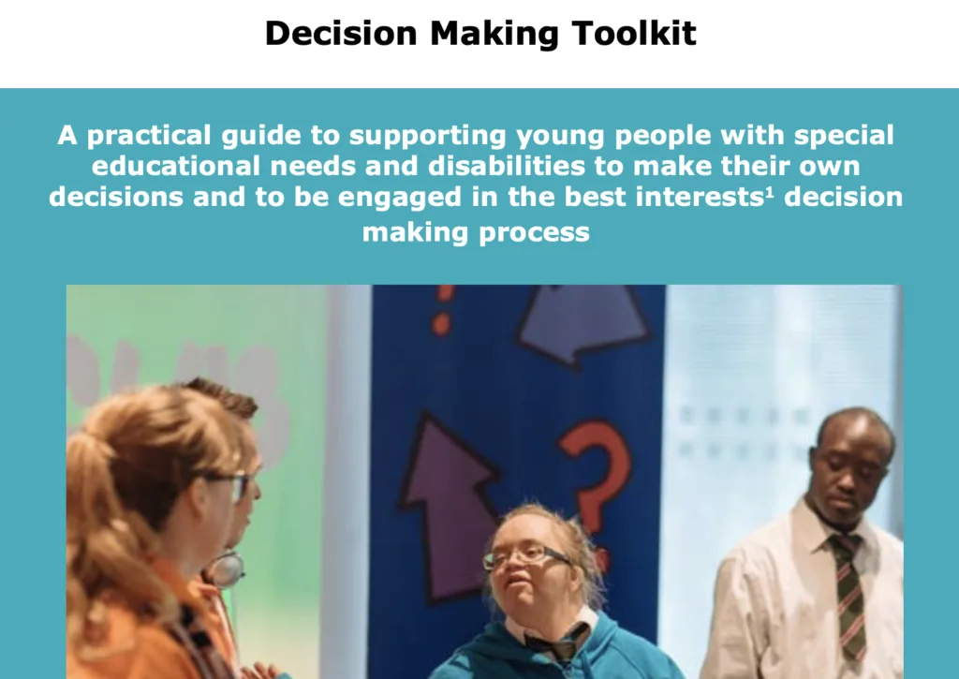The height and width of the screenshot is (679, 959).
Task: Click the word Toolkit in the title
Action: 634,33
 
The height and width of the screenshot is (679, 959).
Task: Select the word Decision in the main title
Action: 341,33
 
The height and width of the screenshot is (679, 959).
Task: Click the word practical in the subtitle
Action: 149,136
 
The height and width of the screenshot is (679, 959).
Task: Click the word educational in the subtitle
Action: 175,166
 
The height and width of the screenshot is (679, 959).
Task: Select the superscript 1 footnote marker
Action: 770,191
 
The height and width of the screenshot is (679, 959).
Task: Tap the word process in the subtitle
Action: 534,233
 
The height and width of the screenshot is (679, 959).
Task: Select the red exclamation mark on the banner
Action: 443,310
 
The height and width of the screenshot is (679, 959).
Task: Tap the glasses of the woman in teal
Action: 525,557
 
